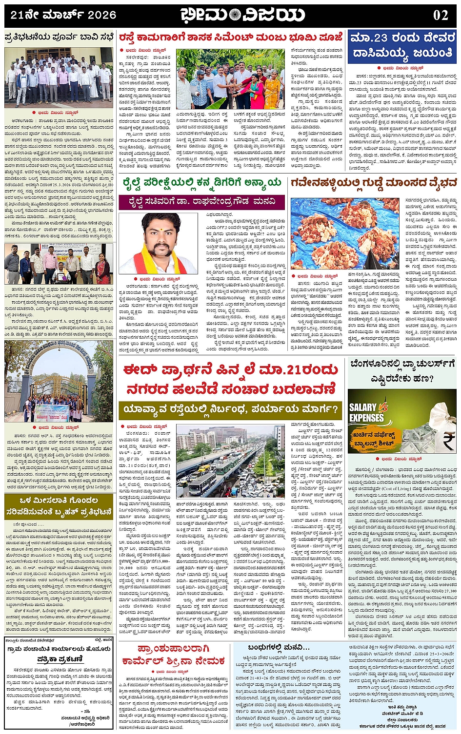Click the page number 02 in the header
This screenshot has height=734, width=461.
point(441,15)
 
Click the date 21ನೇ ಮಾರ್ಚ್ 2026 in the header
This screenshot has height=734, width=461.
point(63,15)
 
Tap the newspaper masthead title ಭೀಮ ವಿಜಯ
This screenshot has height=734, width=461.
point(242,15)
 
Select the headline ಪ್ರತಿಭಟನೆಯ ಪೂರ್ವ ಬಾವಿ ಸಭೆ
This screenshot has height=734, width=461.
point(59,37)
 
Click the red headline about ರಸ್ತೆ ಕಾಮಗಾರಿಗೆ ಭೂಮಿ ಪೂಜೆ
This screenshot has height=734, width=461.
point(231,37)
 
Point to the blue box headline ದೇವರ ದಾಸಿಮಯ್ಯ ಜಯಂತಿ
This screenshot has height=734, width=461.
point(402,45)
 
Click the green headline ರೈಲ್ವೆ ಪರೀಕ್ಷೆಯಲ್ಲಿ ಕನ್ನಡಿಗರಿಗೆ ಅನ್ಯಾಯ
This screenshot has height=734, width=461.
point(202,183)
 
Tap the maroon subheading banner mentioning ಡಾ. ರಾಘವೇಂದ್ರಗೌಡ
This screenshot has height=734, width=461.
point(202,201)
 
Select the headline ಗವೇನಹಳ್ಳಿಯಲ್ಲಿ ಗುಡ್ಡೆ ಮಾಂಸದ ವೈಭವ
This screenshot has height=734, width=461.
point(374,183)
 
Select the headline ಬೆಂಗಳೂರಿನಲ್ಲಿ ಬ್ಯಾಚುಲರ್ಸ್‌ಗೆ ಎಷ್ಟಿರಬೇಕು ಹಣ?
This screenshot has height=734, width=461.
point(402,371)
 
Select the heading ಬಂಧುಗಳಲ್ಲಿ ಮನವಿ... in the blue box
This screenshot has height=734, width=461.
point(279,647)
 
